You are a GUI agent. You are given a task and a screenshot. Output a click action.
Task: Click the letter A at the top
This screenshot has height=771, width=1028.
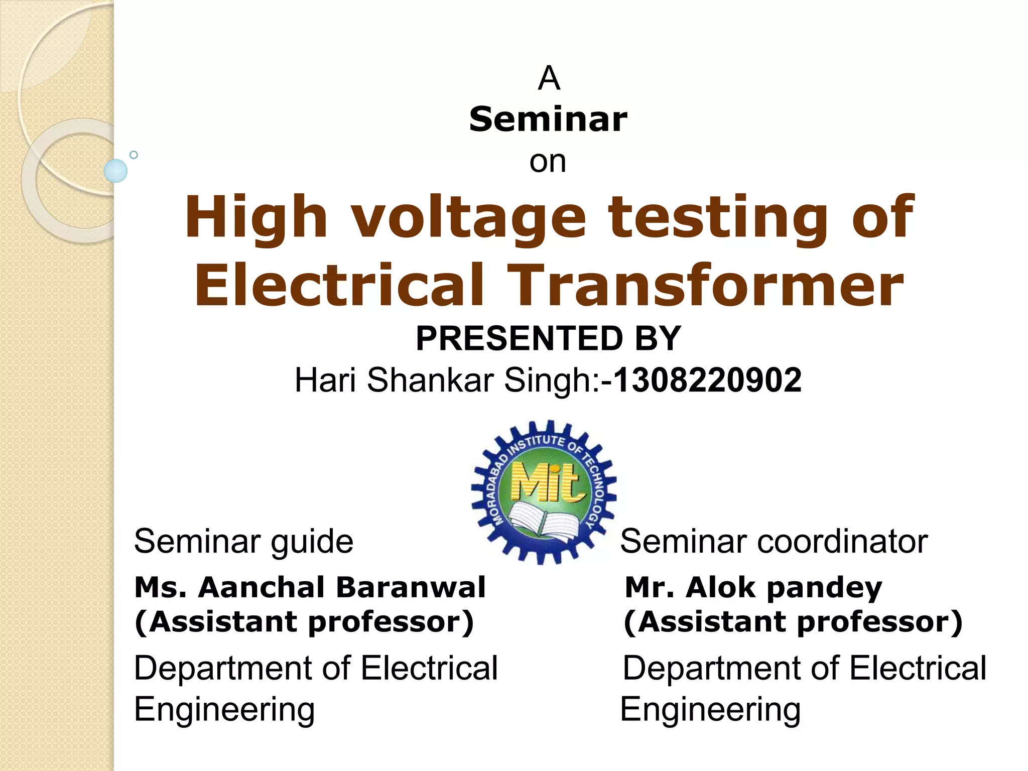549,79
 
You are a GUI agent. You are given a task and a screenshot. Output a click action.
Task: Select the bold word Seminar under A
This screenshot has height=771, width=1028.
548,120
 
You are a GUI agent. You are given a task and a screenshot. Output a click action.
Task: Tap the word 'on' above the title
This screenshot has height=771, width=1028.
548,162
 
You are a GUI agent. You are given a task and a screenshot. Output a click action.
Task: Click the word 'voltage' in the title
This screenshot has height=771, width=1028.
468,217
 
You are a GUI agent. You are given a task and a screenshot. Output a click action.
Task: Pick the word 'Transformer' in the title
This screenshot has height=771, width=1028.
705,285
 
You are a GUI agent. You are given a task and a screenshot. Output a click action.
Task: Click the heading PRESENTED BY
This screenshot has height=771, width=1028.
548,338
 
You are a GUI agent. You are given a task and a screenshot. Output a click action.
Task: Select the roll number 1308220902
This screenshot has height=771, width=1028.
708,380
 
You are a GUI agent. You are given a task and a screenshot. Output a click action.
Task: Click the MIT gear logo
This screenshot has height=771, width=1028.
544,491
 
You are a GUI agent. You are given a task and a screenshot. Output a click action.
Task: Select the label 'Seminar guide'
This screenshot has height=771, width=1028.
243,542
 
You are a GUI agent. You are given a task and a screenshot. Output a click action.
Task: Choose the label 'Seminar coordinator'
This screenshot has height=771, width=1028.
774,542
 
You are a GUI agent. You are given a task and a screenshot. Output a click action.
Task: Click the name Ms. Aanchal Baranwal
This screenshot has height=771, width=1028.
310,587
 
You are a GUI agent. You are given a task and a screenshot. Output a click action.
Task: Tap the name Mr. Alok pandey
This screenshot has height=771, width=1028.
753,587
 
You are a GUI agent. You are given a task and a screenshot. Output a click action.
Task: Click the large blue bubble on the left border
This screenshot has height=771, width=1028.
115,171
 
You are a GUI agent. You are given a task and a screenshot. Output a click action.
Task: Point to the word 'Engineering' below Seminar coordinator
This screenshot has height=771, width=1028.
710,710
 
